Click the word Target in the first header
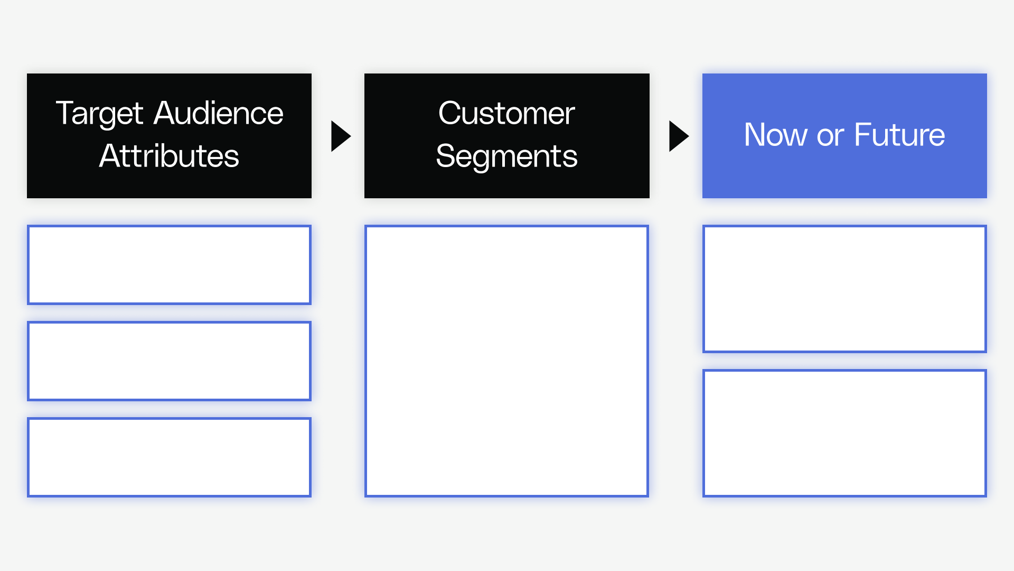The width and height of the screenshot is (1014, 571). tap(99, 114)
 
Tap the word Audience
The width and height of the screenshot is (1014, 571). tap(218, 113)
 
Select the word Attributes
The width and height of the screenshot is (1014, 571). tap(169, 156)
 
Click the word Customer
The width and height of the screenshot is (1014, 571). tap(506, 113)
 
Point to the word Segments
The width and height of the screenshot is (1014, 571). tap(506, 156)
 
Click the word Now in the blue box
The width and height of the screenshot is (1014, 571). tap(775, 135)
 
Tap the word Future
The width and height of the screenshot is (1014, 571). tap(899, 135)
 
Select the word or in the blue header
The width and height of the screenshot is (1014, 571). tap(830, 136)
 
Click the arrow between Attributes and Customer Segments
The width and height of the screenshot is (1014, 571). tap(340, 136)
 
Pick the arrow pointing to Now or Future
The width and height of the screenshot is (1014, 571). tap(678, 136)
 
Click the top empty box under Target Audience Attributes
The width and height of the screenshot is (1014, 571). tap(169, 265)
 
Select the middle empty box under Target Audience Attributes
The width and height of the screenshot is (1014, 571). tap(169, 361)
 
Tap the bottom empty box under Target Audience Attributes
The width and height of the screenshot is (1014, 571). tap(169, 457)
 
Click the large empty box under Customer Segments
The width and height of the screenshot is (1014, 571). tap(506, 361)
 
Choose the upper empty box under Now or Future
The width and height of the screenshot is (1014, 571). tap(844, 289)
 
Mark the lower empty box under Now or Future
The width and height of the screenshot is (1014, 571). tap(844, 434)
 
